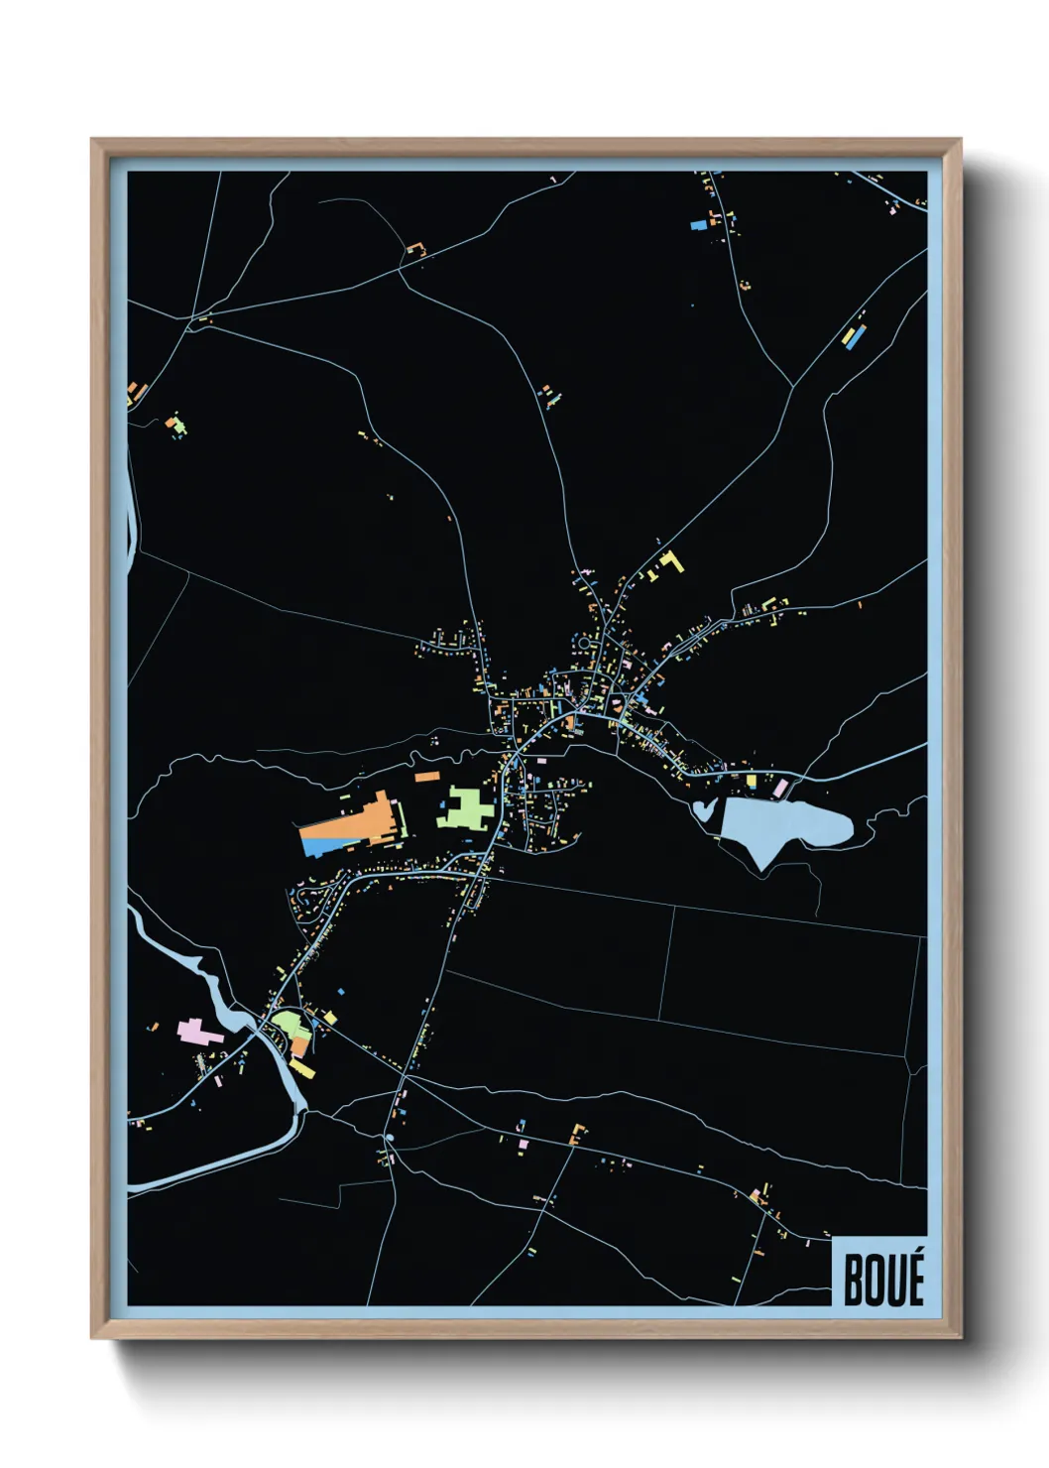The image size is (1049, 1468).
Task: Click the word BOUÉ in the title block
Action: [882, 1279]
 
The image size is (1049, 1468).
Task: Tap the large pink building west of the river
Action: [197, 1032]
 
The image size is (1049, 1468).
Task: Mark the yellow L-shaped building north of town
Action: [673, 561]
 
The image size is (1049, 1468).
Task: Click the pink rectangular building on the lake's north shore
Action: [780, 788]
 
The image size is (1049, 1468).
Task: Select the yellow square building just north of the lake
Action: [751, 782]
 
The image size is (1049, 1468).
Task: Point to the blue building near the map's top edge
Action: [699, 226]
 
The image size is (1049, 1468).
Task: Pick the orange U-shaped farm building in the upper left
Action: [415, 248]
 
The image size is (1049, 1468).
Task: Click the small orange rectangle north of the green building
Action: [426, 777]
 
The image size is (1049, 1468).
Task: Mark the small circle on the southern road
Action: [390, 1138]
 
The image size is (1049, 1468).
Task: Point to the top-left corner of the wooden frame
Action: [93, 141]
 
